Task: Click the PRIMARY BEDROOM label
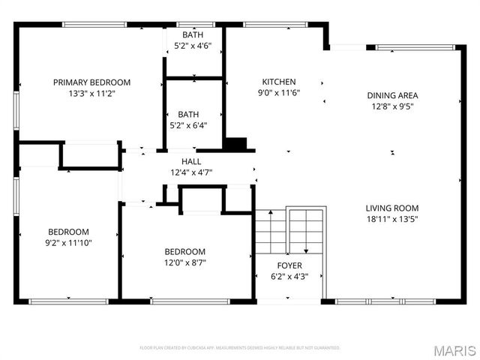point(91,82)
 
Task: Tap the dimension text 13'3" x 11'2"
point(91,94)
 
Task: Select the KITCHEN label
point(278,82)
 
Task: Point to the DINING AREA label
point(392,95)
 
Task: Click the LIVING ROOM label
point(391,208)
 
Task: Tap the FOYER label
point(289,265)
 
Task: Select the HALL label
point(191,161)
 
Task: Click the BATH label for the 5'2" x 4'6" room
point(192,34)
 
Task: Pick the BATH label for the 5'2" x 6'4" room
point(188,114)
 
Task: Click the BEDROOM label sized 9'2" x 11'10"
point(68,232)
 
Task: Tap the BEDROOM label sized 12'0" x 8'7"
point(185,251)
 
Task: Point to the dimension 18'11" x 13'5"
point(391,219)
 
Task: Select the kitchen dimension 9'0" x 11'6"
point(278,93)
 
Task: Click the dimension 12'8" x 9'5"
point(392,106)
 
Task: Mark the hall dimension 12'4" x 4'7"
point(191,172)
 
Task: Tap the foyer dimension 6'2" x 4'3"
point(289,277)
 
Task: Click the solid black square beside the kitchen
point(235,144)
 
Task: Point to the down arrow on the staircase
point(306,250)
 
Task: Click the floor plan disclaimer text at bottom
point(240,348)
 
